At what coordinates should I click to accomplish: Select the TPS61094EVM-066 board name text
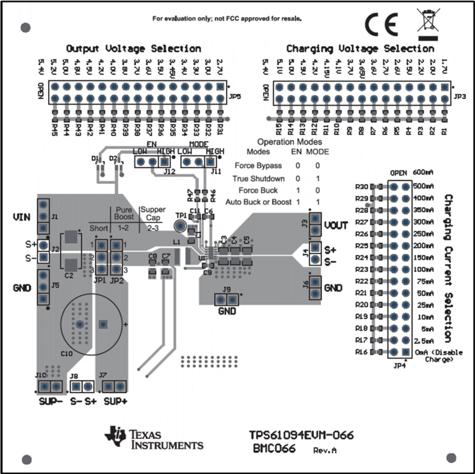[301, 435]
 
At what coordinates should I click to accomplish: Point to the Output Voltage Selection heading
[133, 49]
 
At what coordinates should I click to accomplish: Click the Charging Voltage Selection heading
[360, 49]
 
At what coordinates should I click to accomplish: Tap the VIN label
[22, 216]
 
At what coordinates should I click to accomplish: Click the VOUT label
[336, 225]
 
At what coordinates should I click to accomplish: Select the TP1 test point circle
[180, 226]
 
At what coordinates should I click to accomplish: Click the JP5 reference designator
[235, 97]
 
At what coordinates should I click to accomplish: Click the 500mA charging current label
[424, 186]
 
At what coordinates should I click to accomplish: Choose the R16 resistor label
[362, 352]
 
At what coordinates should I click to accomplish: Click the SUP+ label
[115, 401]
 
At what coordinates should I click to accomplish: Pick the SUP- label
[51, 401]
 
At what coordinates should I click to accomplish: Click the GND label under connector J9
[227, 311]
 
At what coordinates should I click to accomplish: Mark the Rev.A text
[325, 450]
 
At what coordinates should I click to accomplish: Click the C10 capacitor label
[68, 353]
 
